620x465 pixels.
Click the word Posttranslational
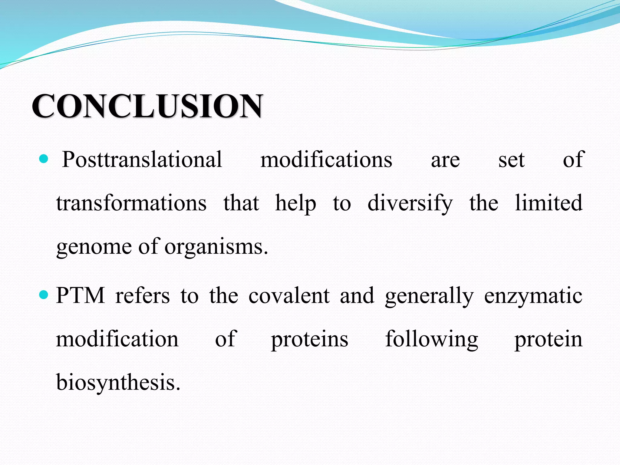(x=142, y=160)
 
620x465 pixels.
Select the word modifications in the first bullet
(x=326, y=160)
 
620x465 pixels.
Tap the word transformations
(x=131, y=203)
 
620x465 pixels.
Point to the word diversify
(x=410, y=203)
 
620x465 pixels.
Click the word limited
(x=549, y=203)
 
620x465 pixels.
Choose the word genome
(x=94, y=246)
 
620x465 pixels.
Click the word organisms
(x=216, y=246)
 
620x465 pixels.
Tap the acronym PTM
(x=81, y=295)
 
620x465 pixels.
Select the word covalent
(x=289, y=295)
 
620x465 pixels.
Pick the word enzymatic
(x=533, y=295)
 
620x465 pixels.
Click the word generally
(x=429, y=295)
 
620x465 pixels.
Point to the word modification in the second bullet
(x=117, y=339)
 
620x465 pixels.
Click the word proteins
(x=309, y=339)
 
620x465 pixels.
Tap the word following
(x=431, y=339)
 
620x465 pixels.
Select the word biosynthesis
(x=118, y=383)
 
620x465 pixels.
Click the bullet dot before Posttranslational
(x=44, y=159)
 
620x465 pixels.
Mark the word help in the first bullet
(x=295, y=203)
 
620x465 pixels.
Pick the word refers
(x=142, y=295)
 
